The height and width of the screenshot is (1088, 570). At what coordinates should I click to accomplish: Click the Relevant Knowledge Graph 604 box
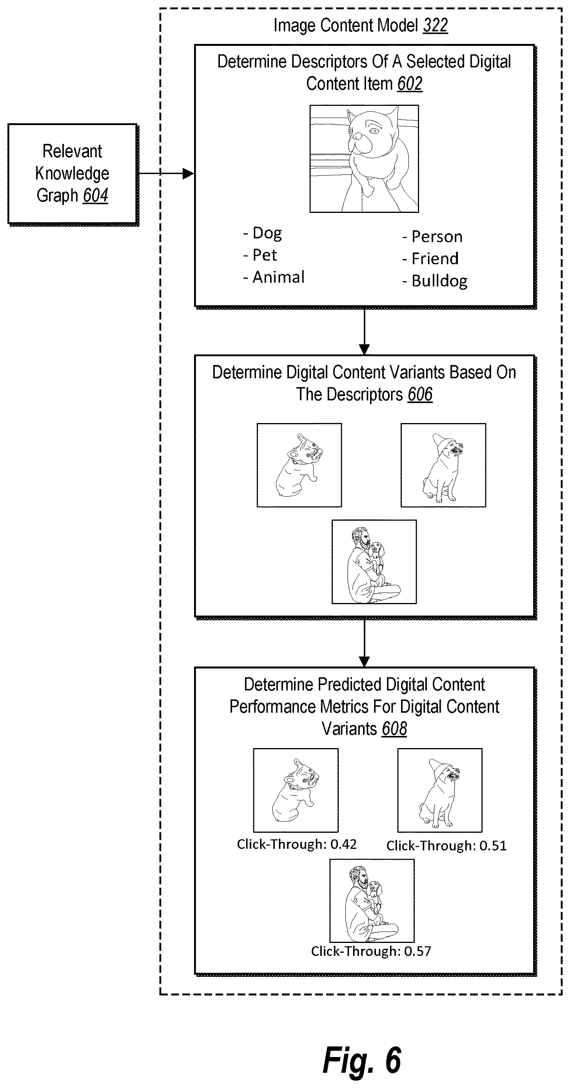73,174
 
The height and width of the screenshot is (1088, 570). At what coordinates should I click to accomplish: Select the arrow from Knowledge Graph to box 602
166,173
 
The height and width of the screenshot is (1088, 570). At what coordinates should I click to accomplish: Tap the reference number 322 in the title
435,25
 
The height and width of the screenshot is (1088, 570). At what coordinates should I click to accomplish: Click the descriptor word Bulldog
439,281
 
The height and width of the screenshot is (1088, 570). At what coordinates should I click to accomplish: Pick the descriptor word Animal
279,277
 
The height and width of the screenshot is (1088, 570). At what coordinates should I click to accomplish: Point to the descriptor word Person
437,236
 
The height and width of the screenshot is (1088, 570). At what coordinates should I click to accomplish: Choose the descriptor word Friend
435,258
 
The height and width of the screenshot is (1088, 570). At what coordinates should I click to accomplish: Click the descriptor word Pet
265,255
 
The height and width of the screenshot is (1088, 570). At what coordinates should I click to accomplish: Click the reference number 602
410,84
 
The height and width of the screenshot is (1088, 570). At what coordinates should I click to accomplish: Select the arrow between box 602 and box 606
364,331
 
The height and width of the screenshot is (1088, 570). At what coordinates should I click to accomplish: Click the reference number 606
420,394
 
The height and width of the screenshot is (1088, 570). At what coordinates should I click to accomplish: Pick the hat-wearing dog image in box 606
443,465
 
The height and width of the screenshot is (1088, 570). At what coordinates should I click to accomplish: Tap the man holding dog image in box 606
374,562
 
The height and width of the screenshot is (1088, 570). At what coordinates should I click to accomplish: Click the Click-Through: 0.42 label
297,844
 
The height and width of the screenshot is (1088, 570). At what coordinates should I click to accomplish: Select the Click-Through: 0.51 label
446,846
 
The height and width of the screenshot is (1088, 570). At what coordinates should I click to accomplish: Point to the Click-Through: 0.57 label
371,951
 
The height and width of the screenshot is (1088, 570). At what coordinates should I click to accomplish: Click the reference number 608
394,729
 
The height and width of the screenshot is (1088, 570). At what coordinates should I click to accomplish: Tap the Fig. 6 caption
362,1061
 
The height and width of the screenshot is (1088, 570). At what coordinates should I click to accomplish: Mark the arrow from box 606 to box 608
364,643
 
